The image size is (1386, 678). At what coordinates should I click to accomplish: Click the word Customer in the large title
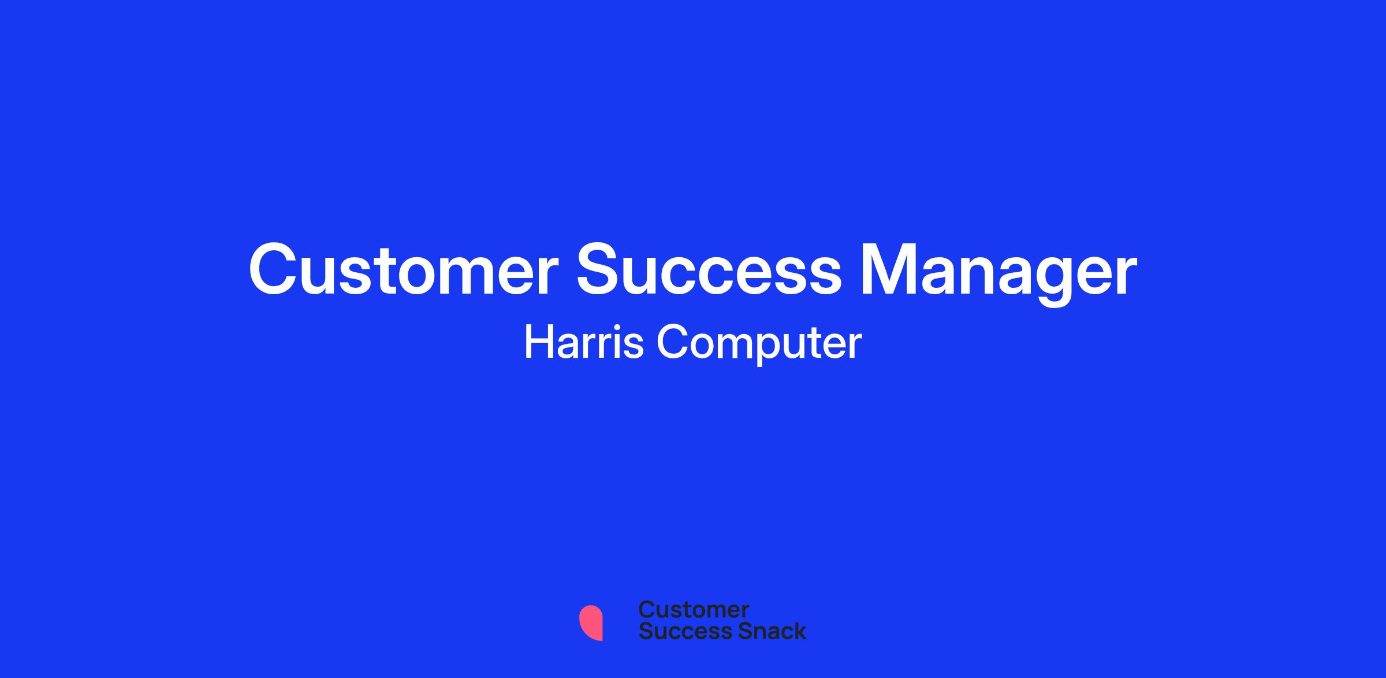[403, 270]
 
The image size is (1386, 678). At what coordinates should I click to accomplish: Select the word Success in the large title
[709, 270]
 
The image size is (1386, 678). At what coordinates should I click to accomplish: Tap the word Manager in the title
[998, 275]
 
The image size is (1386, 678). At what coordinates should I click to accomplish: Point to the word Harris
[583, 342]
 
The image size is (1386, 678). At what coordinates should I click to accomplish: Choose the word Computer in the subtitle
[759, 344]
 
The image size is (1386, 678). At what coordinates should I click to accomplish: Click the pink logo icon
[591, 623]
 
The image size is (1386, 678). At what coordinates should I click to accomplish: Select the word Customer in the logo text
[694, 610]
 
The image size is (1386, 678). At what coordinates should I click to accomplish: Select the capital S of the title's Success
[601, 270]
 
